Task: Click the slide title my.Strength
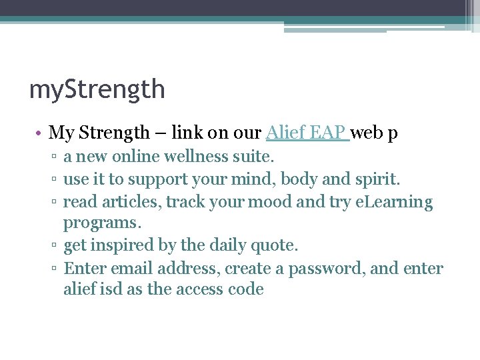(x=97, y=89)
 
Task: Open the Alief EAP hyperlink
(x=306, y=133)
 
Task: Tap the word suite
(x=255, y=157)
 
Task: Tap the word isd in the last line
(x=109, y=289)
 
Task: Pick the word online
(x=139, y=157)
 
